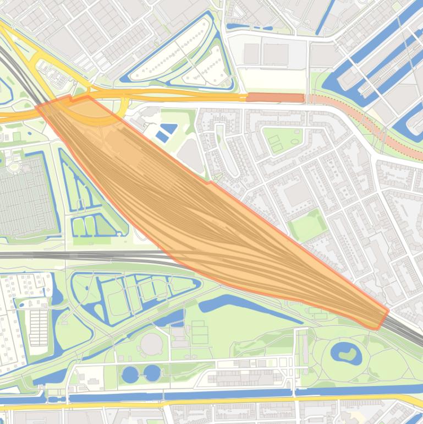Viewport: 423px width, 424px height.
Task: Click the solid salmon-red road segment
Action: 275,97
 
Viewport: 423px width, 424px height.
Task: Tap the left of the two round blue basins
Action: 130,374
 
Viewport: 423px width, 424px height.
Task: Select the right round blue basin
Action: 152,373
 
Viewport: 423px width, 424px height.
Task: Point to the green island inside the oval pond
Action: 347,353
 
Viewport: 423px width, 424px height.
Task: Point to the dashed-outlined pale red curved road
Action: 374,129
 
